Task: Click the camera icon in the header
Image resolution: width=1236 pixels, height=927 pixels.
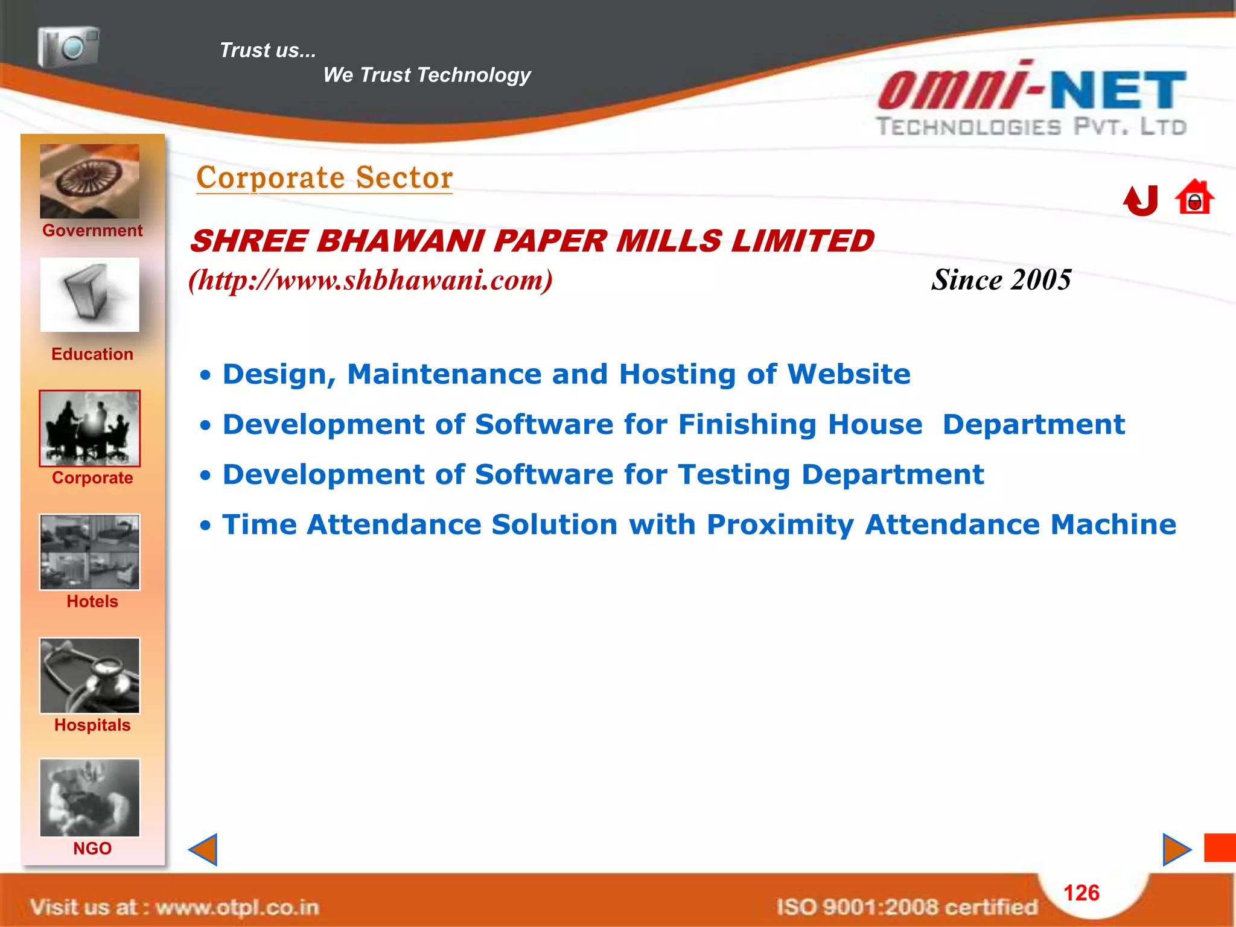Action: click(68, 46)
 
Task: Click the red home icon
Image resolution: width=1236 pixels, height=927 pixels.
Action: click(1194, 197)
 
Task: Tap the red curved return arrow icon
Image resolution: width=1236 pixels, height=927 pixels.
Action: click(1141, 200)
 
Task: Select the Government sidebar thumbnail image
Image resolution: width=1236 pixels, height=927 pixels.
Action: click(89, 181)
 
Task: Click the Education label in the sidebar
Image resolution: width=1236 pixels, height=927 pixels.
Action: click(92, 354)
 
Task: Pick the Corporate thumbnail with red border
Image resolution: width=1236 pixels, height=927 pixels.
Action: click(89, 428)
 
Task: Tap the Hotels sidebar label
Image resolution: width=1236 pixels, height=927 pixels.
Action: click(92, 601)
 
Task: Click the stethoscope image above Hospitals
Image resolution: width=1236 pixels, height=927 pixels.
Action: click(89, 675)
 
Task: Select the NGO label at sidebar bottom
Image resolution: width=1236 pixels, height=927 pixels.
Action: click(92, 848)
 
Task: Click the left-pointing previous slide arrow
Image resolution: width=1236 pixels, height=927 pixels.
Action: click(203, 849)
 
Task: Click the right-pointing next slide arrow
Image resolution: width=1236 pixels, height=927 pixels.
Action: click(1176, 849)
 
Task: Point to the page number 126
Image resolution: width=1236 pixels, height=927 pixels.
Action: click(1081, 893)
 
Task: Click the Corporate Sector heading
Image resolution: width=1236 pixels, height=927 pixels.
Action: click(324, 178)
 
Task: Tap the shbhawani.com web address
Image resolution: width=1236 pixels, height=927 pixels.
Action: click(370, 280)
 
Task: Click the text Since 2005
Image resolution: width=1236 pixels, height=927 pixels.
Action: click(1001, 280)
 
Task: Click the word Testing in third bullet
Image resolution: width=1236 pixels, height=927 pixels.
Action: click(734, 474)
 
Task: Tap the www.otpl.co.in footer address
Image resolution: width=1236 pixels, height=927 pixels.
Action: click(237, 906)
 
